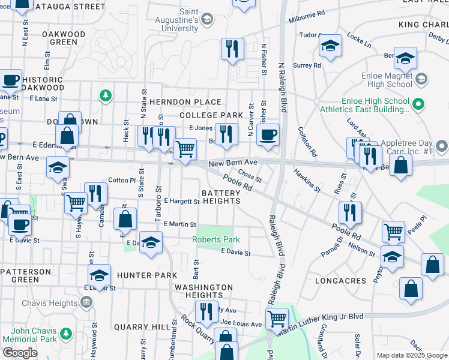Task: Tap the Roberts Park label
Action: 215,239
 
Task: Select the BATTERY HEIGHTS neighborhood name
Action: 220,197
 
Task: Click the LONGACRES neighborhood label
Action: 336,280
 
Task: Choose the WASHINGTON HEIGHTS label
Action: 203,291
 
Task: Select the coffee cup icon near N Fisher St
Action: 268,134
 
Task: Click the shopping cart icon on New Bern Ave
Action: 185,149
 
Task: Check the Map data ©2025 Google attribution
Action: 411,355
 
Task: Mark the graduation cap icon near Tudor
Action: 330,46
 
